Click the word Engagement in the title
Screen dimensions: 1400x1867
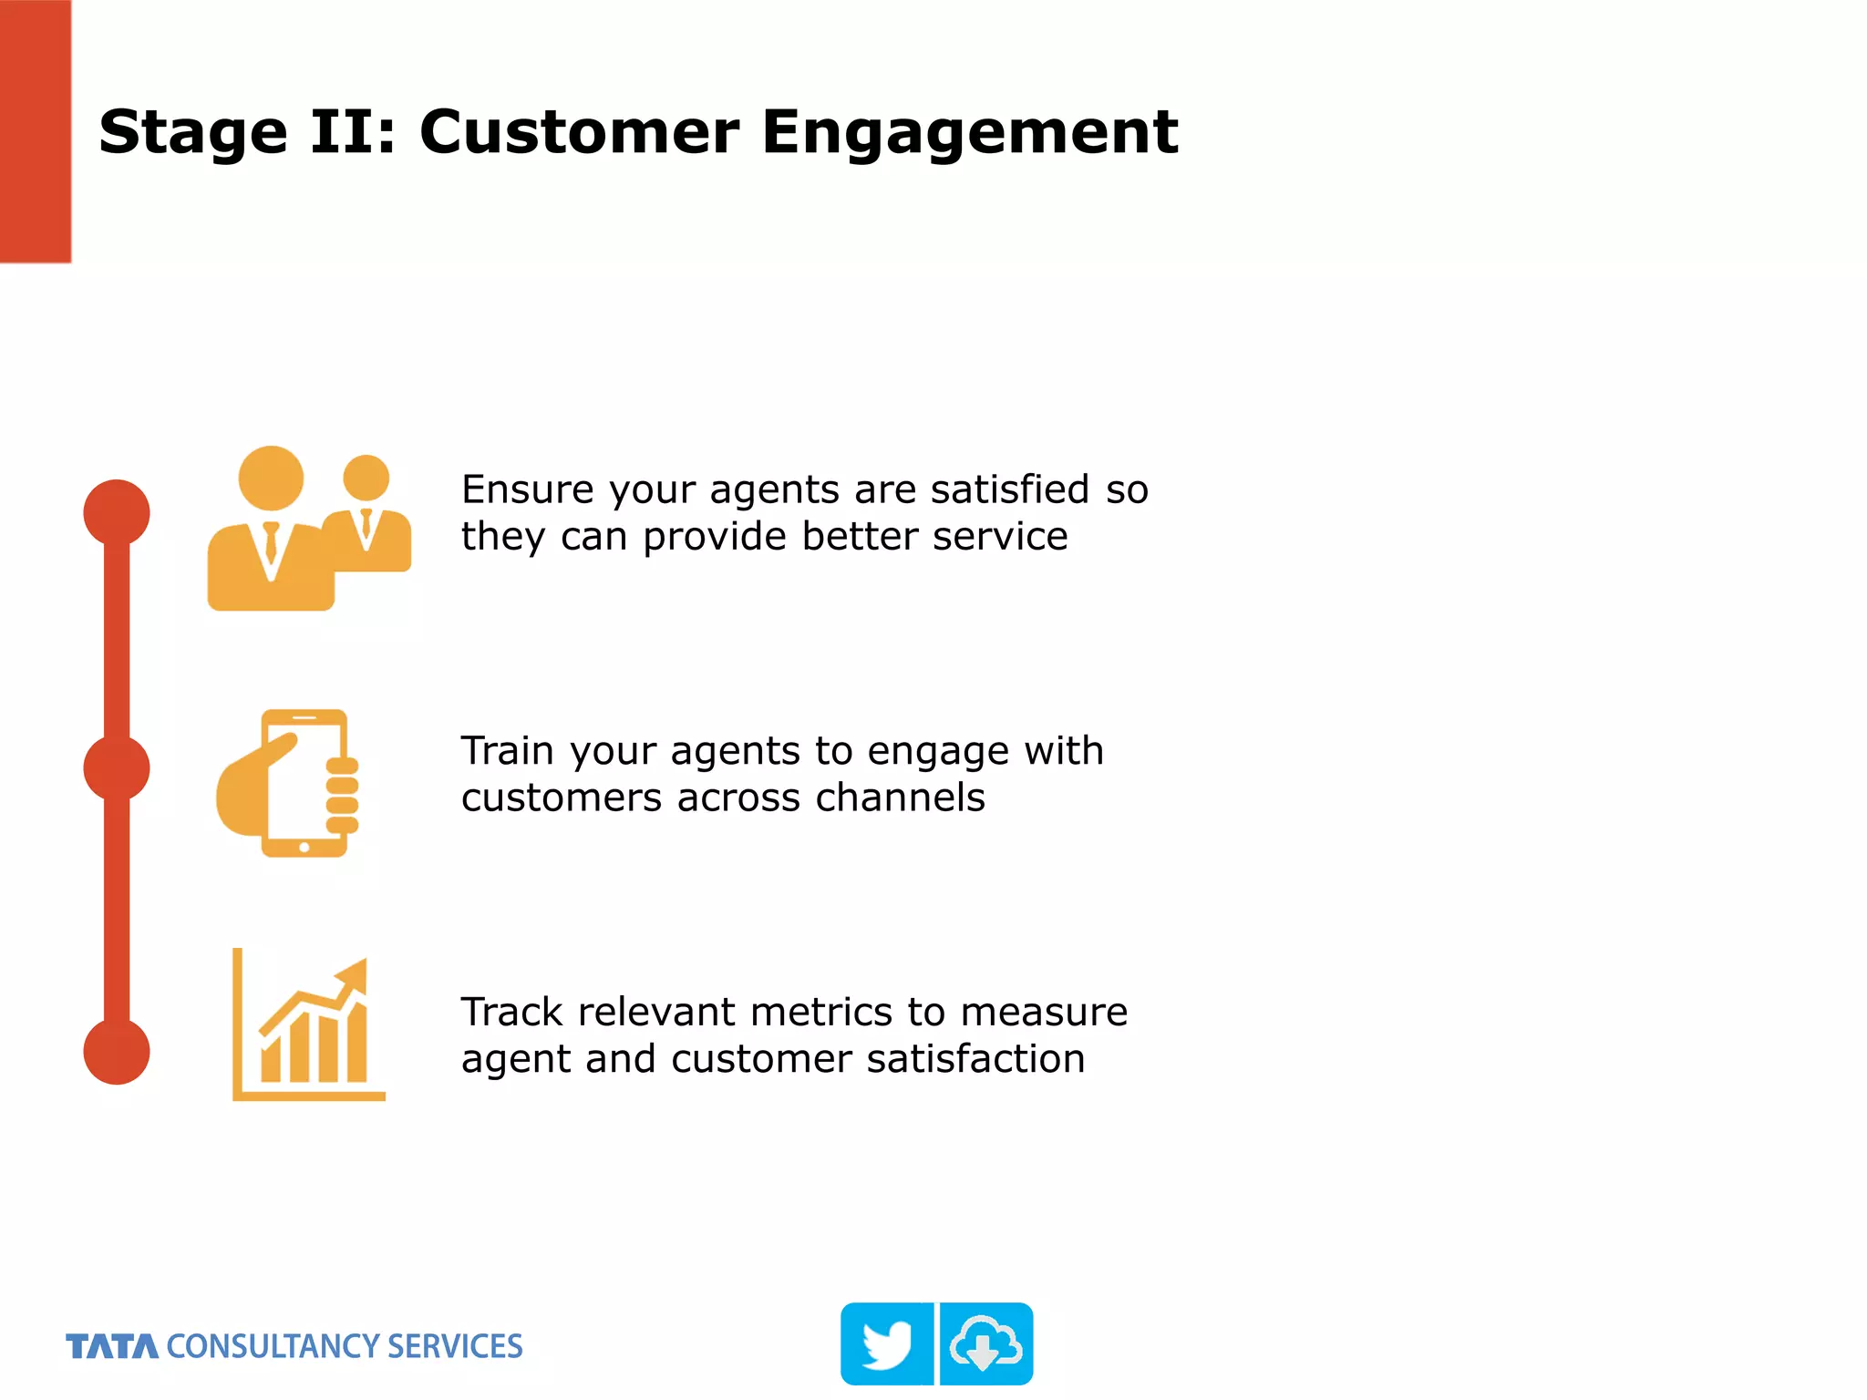tap(969, 133)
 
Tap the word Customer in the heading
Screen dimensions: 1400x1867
tap(579, 133)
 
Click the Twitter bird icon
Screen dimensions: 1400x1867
tap(887, 1344)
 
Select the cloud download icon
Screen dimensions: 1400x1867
tap(985, 1344)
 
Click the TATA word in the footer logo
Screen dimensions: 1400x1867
tap(112, 1346)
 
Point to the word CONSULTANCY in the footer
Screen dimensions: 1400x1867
tap(272, 1346)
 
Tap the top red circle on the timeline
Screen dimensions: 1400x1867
tap(117, 512)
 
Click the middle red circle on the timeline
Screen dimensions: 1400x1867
tap(117, 768)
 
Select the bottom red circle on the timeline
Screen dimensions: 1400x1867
tap(117, 1051)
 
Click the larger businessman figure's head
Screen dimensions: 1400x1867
tap(271, 478)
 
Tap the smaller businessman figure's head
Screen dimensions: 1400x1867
tap(366, 478)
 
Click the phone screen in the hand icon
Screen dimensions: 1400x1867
tap(305, 779)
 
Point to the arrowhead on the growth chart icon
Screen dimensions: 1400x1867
tap(355, 975)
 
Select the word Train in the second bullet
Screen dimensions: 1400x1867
tap(507, 751)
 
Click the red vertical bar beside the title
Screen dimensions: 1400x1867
tap(35, 131)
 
